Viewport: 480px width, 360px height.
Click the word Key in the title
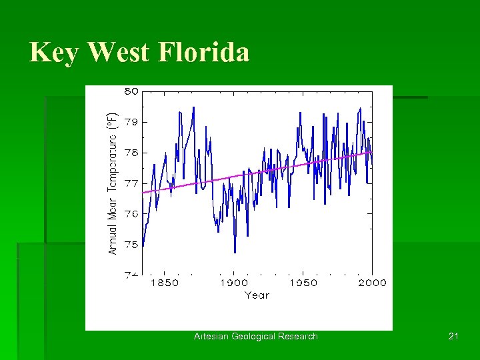tap(54, 53)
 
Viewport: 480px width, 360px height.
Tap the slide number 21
tap(453, 337)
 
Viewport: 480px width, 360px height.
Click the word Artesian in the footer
tap(211, 337)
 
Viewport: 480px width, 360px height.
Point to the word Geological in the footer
tap(255, 337)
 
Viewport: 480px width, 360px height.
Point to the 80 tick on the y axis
tap(131, 92)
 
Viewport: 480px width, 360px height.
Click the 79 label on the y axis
tap(131, 122)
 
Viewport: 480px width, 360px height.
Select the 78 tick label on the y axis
tap(131, 153)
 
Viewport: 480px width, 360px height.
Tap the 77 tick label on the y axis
tap(131, 183)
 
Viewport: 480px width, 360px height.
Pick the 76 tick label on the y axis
tap(131, 214)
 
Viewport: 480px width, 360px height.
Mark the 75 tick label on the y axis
tap(131, 245)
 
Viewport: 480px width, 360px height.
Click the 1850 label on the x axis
tap(164, 283)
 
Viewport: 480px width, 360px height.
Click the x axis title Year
tap(257, 295)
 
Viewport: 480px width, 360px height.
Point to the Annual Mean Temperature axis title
tap(113, 182)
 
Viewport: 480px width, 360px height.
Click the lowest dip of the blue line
tap(235, 253)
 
